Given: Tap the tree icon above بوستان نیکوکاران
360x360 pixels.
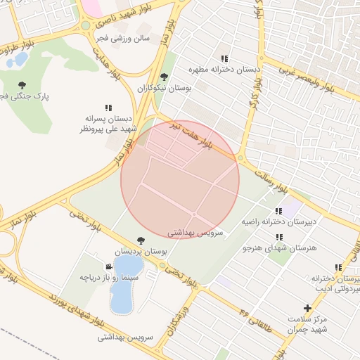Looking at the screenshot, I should click(x=164, y=77).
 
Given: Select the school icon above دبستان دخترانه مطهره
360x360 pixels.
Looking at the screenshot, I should click(x=224, y=59).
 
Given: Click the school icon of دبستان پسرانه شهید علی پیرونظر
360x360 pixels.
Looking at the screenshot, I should click(x=108, y=108).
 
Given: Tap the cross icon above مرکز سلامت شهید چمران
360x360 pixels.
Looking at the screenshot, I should click(x=307, y=308).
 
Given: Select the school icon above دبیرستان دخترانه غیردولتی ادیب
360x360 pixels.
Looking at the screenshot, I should click(x=339, y=267).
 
